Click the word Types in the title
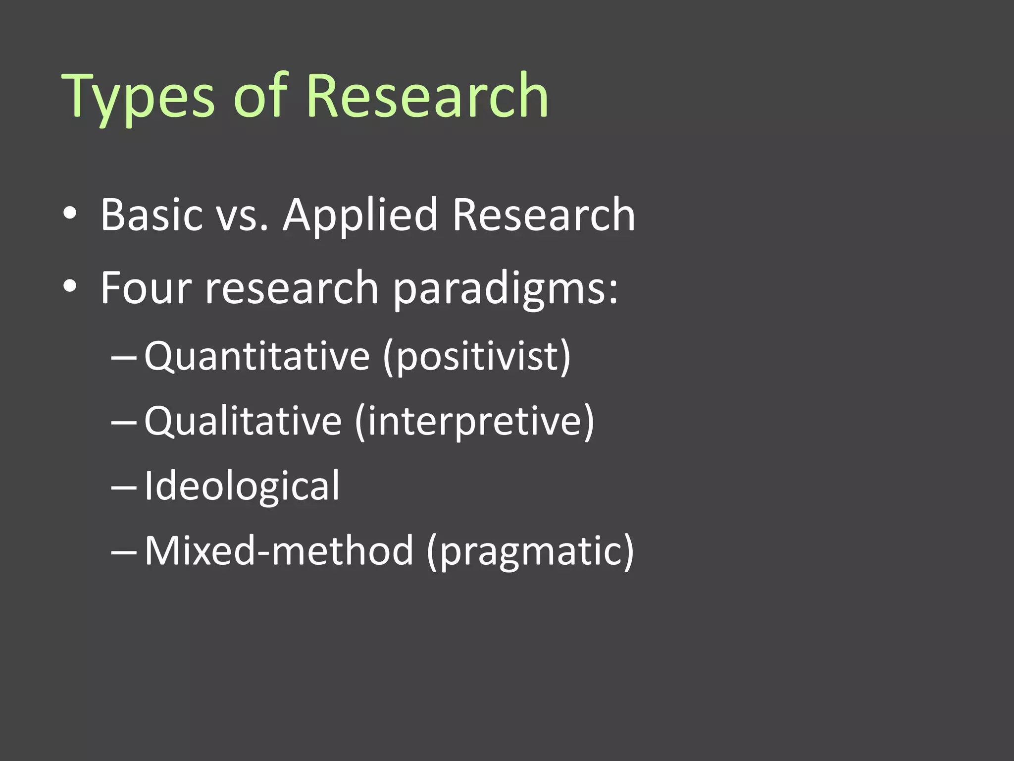tap(138, 97)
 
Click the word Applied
tap(360, 216)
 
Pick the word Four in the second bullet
tap(146, 288)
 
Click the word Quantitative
tap(257, 356)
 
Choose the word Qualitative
tap(243, 421)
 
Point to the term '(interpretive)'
tap(474, 422)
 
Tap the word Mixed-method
tap(279, 550)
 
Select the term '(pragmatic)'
tap(530, 551)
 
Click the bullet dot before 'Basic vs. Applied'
tap(70, 214)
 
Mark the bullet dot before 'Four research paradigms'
tap(70, 286)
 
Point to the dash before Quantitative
tap(124, 357)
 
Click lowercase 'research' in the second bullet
tap(292, 289)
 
